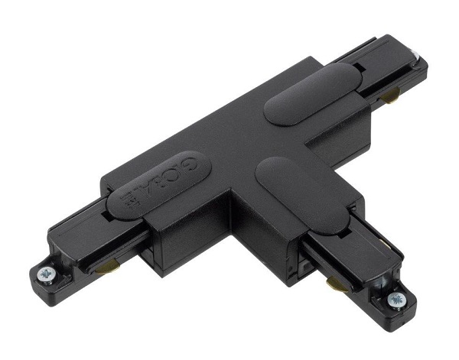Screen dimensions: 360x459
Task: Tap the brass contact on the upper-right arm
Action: pyautogui.click(x=392, y=95)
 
